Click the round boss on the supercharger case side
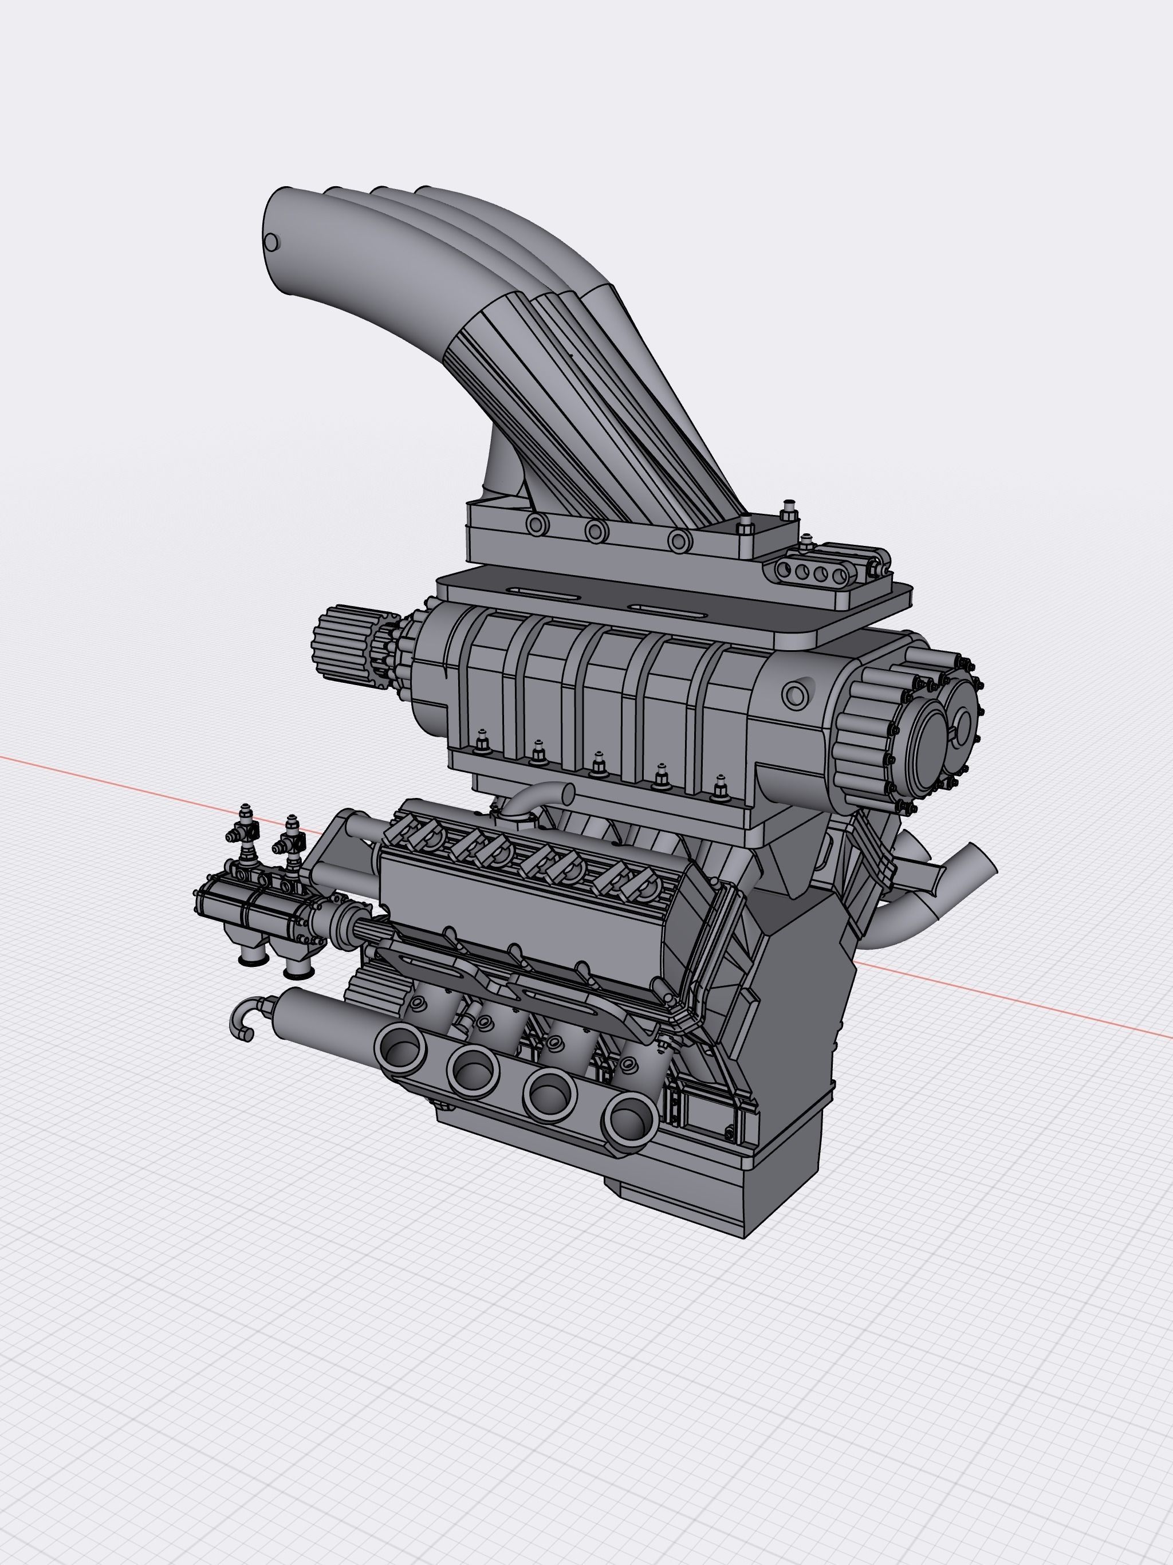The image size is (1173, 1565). [x=795, y=695]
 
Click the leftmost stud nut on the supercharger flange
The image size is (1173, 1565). [x=482, y=744]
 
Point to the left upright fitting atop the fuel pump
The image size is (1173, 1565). [x=245, y=829]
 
